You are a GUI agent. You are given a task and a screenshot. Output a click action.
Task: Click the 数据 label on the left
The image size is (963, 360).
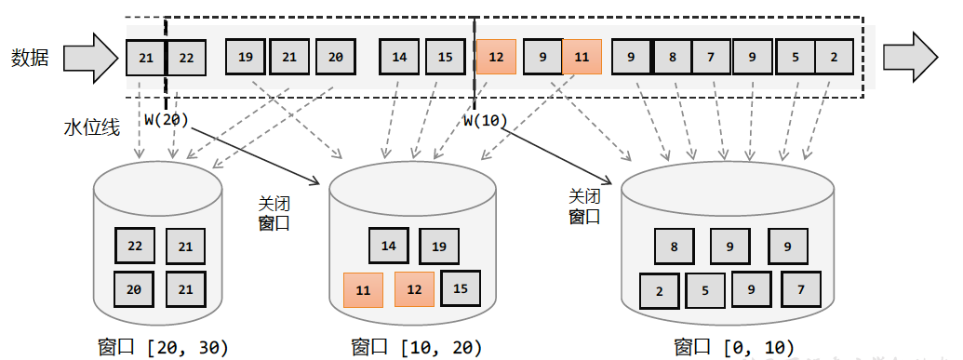point(31,58)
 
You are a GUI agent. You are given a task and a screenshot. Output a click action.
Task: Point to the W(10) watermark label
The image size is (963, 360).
point(481,119)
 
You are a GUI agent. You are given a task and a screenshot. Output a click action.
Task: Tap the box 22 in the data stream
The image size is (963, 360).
point(186,58)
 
